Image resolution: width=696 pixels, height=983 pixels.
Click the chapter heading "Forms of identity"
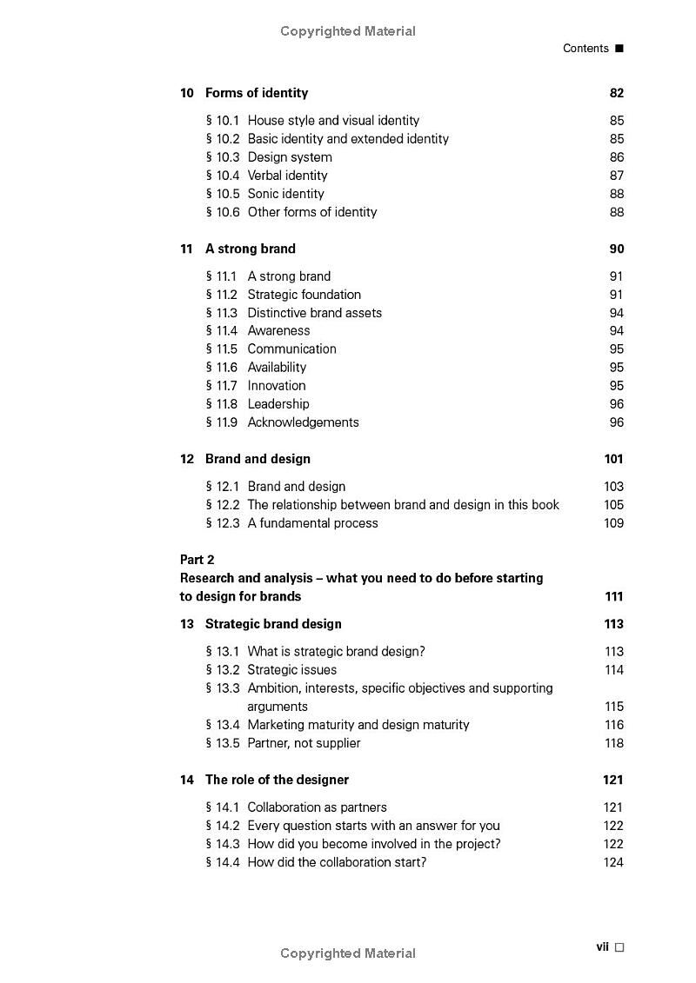pyautogui.click(x=256, y=93)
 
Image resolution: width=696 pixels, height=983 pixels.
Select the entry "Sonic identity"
pyautogui.click(x=285, y=194)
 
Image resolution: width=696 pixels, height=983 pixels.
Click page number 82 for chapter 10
pyautogui.click(x=617, y=93)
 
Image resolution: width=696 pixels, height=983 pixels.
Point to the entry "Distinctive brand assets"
pyautogui.click(x=314, y=313)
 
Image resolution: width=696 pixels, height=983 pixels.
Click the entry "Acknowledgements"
pyautogui.click(x=303, y=422)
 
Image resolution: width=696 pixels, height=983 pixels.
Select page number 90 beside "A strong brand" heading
pyautogui.click(x=617, y=249)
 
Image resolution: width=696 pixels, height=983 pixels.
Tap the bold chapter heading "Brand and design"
pyautogui.click(x=258, y=459)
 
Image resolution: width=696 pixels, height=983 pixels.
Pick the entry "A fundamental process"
pyautogui.click(x=312, y=523)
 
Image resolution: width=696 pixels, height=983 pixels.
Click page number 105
pyautogui.click(x=613, y=505)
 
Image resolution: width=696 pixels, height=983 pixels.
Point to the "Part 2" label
pyautogui.click(x=197, y=560)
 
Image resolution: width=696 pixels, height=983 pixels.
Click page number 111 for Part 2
pyautogui.click(x=613, y=596)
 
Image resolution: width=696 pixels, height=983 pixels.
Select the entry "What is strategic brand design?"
pyautogui.click(x=336, y=652)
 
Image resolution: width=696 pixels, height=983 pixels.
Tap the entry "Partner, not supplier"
pyautogui.click(x=304, y=743)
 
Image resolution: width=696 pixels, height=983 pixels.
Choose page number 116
pyautogui.click(x=613, y=725)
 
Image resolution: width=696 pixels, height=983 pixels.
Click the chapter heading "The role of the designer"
pyautogui.click(x=277, y=780)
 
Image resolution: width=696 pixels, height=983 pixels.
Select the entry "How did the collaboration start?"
pyautogui.click(x=337, y=862)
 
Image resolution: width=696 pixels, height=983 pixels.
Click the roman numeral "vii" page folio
pyautogui.click(x=602, y=946)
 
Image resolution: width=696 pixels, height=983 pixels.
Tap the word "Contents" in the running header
pyautogui.click(x=586, y=49)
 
